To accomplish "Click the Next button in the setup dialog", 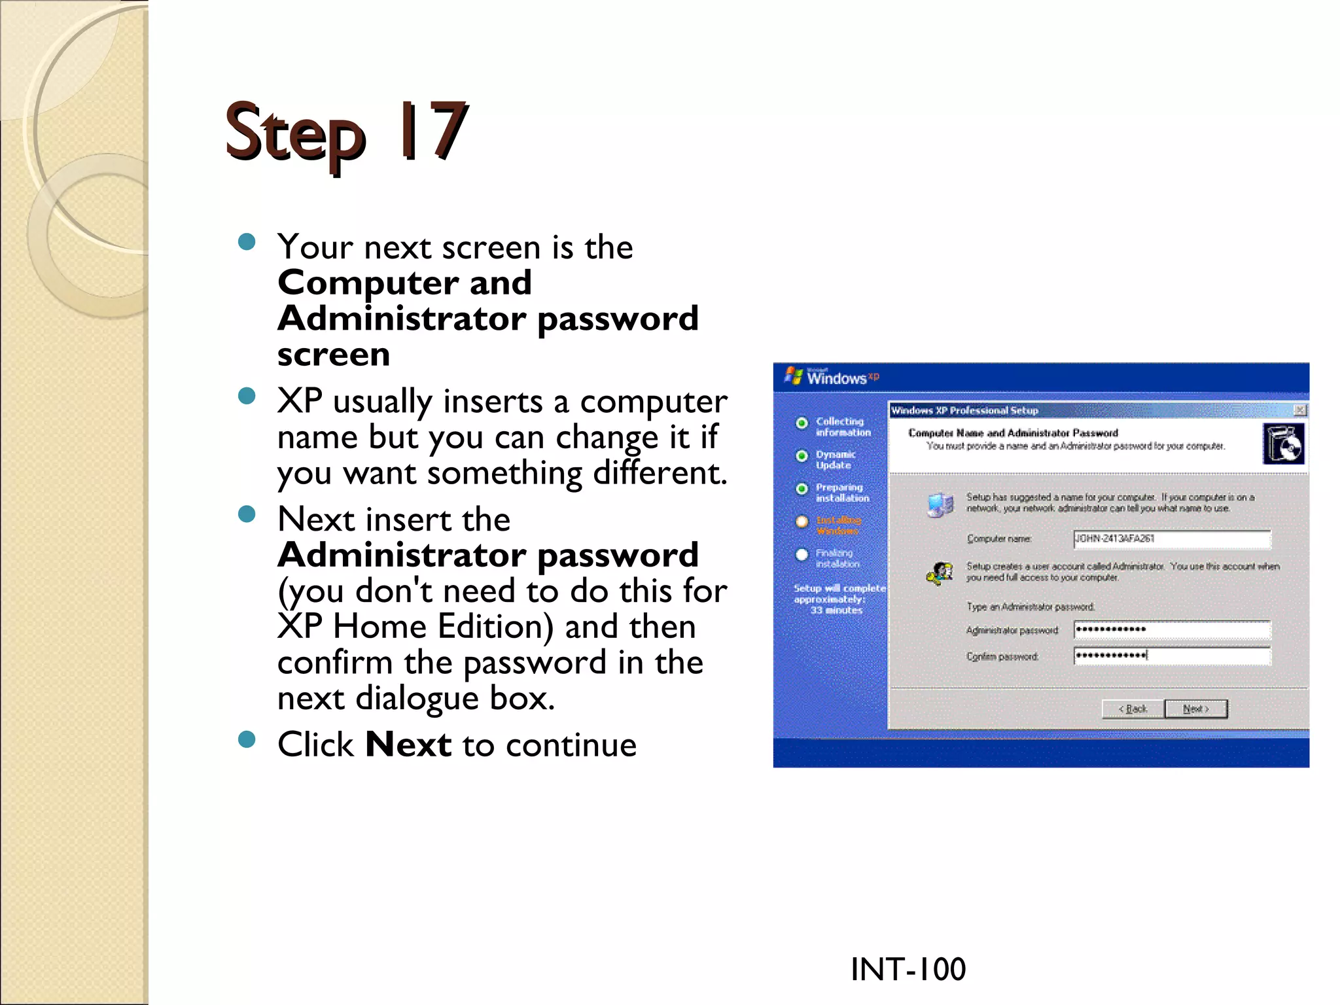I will click(1195, 709).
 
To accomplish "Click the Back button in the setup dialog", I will click(1133, 709).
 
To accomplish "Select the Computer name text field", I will click(1171, 539).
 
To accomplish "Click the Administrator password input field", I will click(1171, 629).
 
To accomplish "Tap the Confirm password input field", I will click(1171, 656).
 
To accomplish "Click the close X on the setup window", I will click(1300, 410).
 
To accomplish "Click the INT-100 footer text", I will click(908, 969).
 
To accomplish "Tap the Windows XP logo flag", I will click(794, 376).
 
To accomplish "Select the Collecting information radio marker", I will click(802, 423).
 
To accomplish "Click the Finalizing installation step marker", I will click(802, 555).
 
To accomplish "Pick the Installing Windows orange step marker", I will click(802, 521).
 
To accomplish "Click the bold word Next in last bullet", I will click(408, 745).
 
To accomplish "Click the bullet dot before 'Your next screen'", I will click(247, 243).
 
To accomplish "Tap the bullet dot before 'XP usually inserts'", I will click(247, 396).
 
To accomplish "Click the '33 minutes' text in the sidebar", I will click(836, 610).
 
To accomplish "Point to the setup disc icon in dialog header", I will click(1283, 444).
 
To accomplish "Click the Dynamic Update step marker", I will click(802, 455).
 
